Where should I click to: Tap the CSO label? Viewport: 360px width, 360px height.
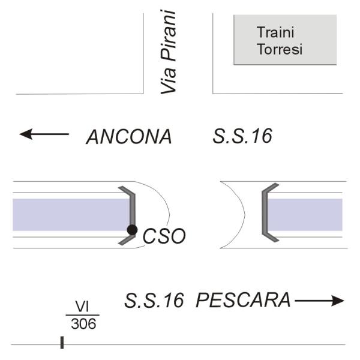[x=164, y=236]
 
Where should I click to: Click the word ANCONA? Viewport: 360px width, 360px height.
[x=129, y=137]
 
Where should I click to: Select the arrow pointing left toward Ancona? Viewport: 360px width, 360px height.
[x=43, y=134]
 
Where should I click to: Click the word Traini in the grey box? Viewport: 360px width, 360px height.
[x=274, y=32]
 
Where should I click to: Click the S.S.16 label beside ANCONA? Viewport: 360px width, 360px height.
[x=242, y=136]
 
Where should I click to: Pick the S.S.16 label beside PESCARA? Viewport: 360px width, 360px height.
[x=154, y=300]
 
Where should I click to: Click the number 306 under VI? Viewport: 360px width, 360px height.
[x=83, y=324]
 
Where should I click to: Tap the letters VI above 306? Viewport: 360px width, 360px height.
[x=83, y=307]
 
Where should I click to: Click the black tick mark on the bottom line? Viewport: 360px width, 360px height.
[x=62, y=343]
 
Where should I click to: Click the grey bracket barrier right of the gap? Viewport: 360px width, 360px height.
[x=263, y=215]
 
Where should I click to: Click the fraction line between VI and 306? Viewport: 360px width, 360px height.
[x=83, y=315]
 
